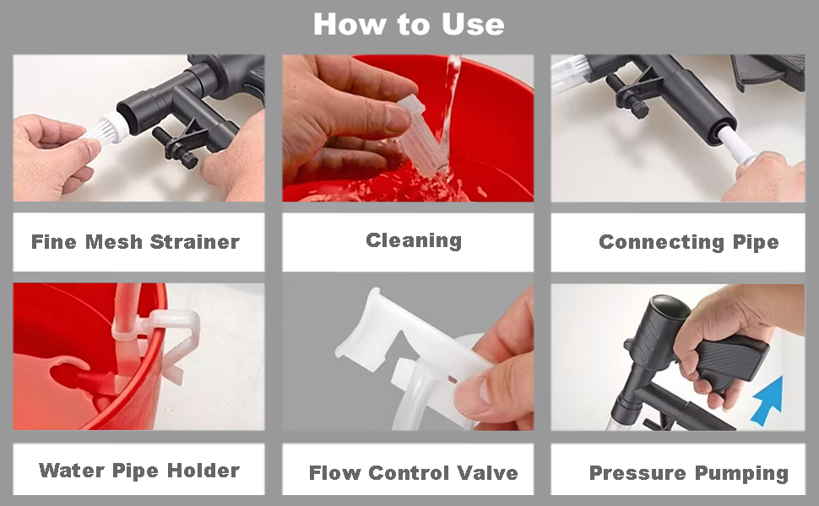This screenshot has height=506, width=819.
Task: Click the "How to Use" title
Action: tap(409, 24)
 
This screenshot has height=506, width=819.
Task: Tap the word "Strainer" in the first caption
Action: tap(195, 243)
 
